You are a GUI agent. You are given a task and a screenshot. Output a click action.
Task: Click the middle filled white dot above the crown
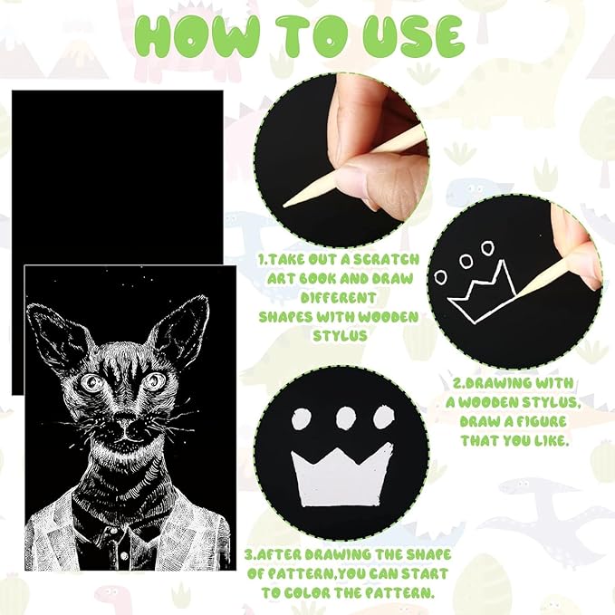point(346,418)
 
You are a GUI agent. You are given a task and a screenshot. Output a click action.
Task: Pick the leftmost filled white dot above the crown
point(302,419)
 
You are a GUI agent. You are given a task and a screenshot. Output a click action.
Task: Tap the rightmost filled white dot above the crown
point(383,417)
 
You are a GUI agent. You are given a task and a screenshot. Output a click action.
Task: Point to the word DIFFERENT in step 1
point(338,297)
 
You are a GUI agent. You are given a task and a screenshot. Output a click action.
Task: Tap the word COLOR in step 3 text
point(308,592)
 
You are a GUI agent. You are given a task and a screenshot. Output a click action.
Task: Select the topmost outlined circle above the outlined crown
point(487,247)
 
